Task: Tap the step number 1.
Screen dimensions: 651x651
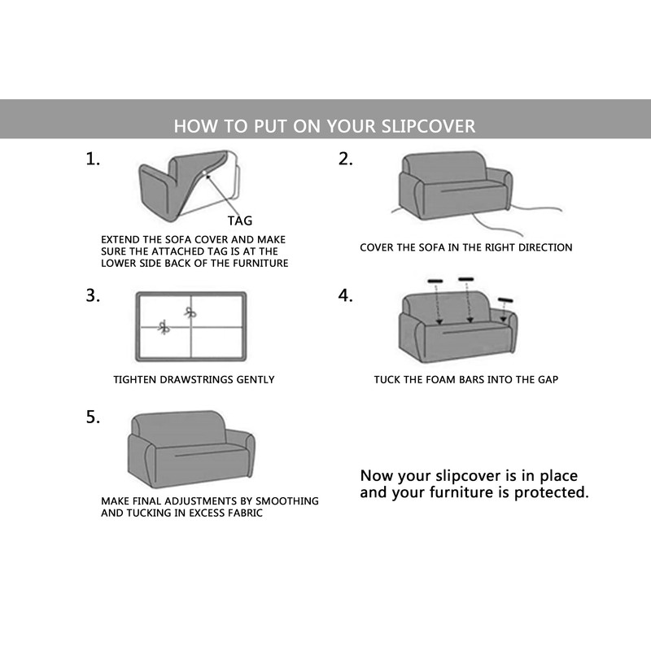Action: (x=94, y=159)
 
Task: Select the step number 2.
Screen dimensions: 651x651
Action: (x=346, y=159)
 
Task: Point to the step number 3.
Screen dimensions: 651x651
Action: (x=94, y=295)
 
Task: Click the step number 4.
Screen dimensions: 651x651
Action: (x=346, y=295)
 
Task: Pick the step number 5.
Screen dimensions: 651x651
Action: (x=94, y=417)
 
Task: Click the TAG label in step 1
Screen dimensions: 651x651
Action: (x=240, y=221)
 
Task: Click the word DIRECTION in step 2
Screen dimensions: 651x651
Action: (x=544, y=247)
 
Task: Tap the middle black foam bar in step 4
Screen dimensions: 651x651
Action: (x=466, y=279)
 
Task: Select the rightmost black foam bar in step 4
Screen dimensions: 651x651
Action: (x=505, y=300)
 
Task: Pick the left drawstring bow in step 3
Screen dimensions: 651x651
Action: (x=164, y=327)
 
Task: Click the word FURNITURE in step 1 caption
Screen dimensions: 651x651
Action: (x=262, y=264)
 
